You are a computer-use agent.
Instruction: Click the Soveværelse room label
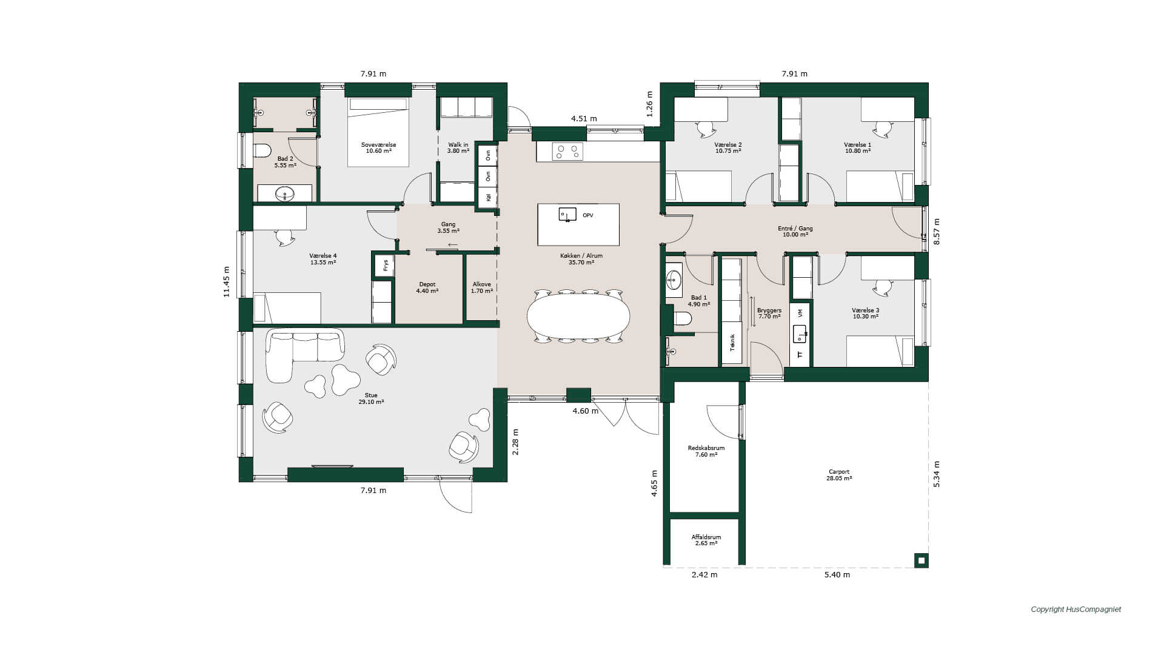coord(378,145)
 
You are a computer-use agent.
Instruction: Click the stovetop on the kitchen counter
coord(567,151)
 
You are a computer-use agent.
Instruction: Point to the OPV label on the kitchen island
coord(587,215)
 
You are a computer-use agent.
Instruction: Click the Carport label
coord(839,472)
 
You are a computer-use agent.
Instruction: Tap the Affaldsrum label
coord(706,537)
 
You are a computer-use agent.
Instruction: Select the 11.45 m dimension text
coord(227,281)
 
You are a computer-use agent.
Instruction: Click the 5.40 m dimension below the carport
coord(837,575)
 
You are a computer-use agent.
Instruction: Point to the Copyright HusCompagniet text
coord(1076,610)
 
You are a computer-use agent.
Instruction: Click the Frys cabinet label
coord(386,266)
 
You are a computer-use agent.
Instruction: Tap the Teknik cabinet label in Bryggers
coord(732,343)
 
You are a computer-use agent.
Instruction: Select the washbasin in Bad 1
coord(674,280)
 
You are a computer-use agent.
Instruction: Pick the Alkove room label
coord(482,284)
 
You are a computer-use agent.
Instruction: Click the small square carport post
coord(921,560)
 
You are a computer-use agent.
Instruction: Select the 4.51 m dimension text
coord(584,119)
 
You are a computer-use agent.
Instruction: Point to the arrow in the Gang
coord(453,244)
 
